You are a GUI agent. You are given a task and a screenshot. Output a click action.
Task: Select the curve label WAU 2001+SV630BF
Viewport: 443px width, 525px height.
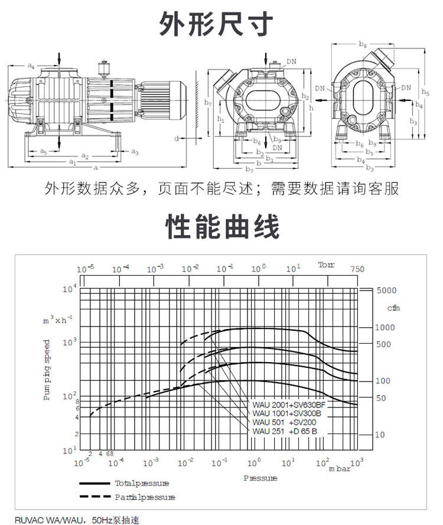pyautogui.click(x=289, y=405)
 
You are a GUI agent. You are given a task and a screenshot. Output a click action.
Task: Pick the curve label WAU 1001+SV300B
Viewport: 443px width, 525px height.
pyautogui.click(x=286, y=413)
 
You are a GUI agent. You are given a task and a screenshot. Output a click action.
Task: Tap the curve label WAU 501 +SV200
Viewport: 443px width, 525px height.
pyautogui.click(x=284, y=422)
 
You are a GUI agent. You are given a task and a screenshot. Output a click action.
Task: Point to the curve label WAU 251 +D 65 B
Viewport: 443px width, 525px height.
pyautogui.click(x=285, y=431)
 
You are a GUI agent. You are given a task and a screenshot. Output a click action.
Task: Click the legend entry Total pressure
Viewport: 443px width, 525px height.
pyautogui.click(x=142, y=483)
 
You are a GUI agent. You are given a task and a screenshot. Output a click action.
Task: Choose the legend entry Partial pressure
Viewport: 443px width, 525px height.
pyautogui.click(x=145, y=497)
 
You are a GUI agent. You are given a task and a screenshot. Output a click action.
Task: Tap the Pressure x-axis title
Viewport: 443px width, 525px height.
pyautogui.click(x=260, y=478)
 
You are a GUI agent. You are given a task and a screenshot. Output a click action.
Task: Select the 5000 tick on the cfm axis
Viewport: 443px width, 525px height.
pyautogui.click(x=387, y=291)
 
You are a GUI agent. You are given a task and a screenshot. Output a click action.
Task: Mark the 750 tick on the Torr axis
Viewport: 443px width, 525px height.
pyautogui.click(x=357, y=269)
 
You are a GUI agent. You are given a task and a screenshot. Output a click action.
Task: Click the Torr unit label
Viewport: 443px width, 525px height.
pyautogui.click(x=326, y=265)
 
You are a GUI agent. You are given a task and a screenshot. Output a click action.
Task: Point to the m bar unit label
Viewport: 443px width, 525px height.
pyautogui.click(x=340, y=468)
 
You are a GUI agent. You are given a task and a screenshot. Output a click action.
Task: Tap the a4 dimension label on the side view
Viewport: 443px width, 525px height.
pyautogui.click(x=31, y=67)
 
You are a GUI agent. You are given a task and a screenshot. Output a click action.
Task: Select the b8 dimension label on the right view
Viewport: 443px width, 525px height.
pyautogui.click(x=363, y=45)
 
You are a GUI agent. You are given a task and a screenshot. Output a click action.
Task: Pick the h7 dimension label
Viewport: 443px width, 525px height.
pyautogui.click(x=208, y=103)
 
